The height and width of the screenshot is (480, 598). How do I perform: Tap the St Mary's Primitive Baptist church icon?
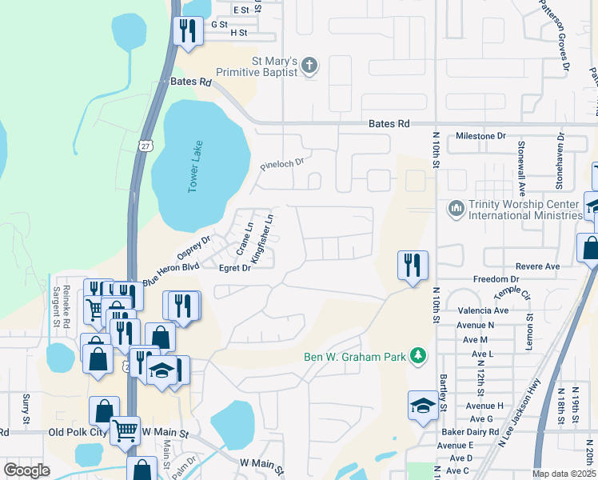tap(311, 66)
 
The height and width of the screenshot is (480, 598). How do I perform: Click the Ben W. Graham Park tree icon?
tap(417, 355)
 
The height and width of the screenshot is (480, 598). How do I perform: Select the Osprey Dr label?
tap(193, 246)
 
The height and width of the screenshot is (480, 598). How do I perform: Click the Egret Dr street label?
tap(235, 269)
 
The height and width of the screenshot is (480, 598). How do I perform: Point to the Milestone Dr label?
tap(480, 136)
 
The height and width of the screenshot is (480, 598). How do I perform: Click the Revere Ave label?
tap(538, 266)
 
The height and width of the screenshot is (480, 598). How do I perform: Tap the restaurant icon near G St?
tap(188, 32)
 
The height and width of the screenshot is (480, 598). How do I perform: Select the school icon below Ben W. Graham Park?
tap(422, 406)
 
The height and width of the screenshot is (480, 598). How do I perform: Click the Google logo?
tap(26, 470)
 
